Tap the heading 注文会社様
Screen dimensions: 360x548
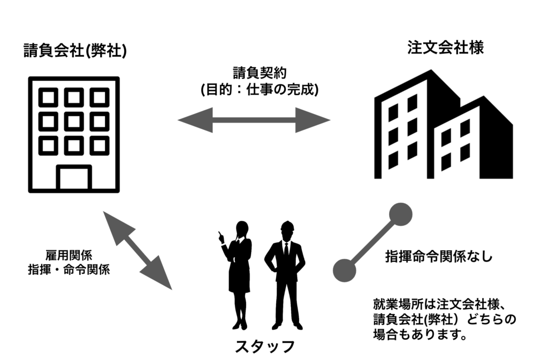[x=445, y=48]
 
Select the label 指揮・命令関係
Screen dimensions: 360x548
[x=69, y=270]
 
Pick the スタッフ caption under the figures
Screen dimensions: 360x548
[x=265, y=346]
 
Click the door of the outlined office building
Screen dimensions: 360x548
[x=74, y=178]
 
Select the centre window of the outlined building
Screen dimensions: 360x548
[x=74, y=121]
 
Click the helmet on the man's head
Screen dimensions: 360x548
[x=287, y=225]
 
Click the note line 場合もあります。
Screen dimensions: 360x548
[x=419, y=335]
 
